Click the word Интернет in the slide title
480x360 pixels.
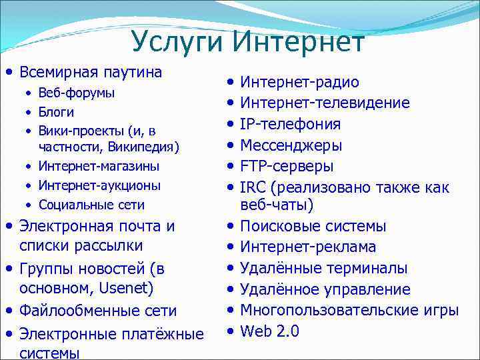[299, 42]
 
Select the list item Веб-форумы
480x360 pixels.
[76, 93]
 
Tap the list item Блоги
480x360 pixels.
[56, 112]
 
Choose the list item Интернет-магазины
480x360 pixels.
[99, 165]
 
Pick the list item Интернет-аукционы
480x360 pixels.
[99, 185]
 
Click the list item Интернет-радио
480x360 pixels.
[299, 82]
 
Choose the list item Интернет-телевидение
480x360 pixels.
[325, 103]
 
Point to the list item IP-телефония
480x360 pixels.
[290, 124]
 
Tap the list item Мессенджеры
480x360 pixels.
[291, 145]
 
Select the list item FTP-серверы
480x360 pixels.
[287, 166]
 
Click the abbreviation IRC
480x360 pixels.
[253, 187]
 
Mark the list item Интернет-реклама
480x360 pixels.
[308, 247]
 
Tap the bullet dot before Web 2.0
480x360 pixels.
[230, 330]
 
